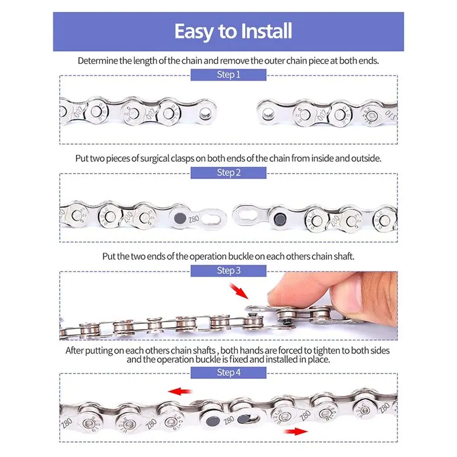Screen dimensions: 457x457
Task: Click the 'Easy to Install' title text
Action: coord(233,31)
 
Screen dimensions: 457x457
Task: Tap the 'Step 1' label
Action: coord(228,75)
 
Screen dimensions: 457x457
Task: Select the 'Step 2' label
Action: coord(228,173)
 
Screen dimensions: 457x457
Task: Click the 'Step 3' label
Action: coord(228,270)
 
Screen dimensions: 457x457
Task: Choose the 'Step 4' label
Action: coord(228,372)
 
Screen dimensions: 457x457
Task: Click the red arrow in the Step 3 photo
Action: coord(239,291)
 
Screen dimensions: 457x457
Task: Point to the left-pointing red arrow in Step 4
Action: coord(179,391)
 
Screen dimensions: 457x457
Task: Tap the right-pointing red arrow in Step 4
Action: coord(295,431)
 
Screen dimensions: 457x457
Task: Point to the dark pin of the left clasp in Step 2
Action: coord(180,218)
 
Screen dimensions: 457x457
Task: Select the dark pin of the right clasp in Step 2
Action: coord(280,219)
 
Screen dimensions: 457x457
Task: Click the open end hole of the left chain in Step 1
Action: coord(206,113)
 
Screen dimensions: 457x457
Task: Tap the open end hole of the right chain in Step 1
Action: coord(267,113)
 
